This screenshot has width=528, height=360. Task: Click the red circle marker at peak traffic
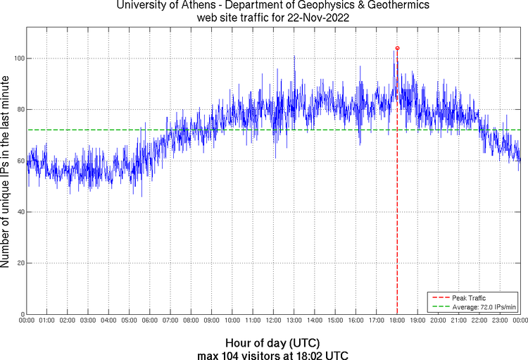[x=397, y=49]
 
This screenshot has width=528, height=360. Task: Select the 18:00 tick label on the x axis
[x=397, y=321]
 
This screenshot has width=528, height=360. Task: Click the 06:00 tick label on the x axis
[x=150, y=321]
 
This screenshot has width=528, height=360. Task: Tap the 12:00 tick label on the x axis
[x=273, y=321]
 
